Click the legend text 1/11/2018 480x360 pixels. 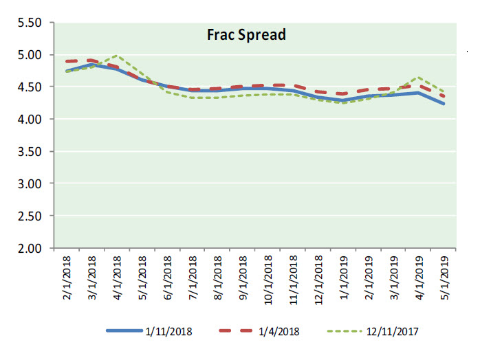(x=169, y=331)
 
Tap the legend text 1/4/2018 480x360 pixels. (x=280, y=331)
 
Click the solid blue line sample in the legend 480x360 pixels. (x=124, y=331)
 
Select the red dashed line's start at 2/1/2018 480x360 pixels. (x=67, y=61)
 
